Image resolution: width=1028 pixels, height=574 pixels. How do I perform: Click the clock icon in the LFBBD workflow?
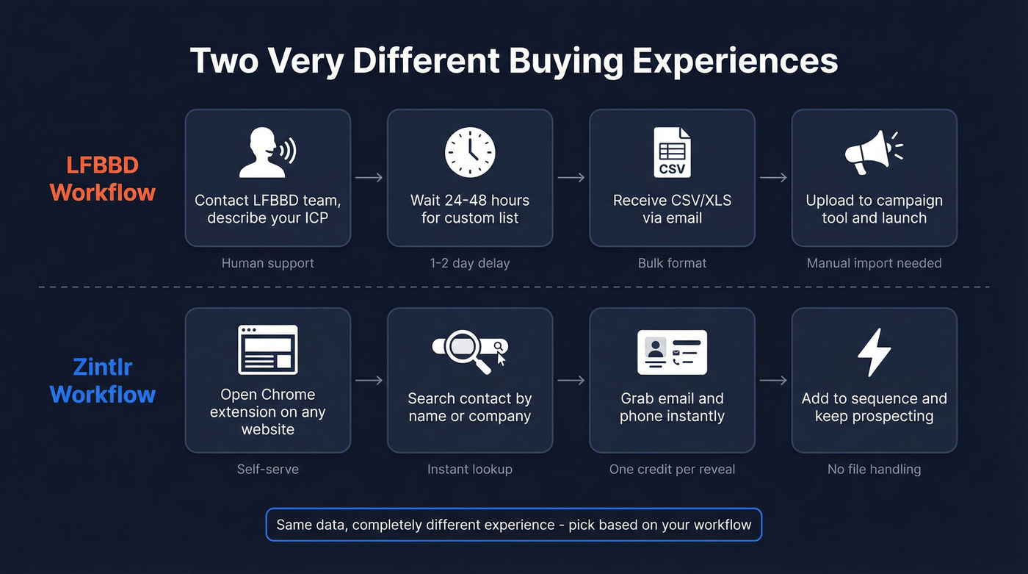point(470,152)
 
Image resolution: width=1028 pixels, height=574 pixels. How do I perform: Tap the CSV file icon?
point(672,152)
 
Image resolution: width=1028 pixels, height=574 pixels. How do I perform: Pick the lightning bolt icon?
point(874,352)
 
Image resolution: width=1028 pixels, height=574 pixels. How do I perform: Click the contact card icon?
point(672,352)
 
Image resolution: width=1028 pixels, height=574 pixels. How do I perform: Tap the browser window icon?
point(267,350)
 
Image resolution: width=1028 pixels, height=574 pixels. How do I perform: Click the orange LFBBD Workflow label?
point(103,179)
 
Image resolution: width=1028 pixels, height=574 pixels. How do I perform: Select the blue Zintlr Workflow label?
point(103,379)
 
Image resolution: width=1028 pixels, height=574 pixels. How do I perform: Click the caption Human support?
point(267,263)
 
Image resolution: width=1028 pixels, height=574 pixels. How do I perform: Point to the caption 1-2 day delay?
point(470,263)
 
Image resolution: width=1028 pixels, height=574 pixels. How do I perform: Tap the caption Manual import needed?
point(874,263)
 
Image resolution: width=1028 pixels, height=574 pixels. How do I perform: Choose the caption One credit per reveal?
point(672,469)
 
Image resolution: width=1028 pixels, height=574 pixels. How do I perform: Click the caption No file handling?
point(874,469)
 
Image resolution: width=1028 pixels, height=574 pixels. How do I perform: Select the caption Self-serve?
point(267,469)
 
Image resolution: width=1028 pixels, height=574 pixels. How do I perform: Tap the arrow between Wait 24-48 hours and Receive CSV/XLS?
point(571,177)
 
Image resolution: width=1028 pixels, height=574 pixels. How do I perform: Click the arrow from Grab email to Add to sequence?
point(773,380)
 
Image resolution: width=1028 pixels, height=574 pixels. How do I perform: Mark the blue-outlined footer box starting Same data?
point(513,525)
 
